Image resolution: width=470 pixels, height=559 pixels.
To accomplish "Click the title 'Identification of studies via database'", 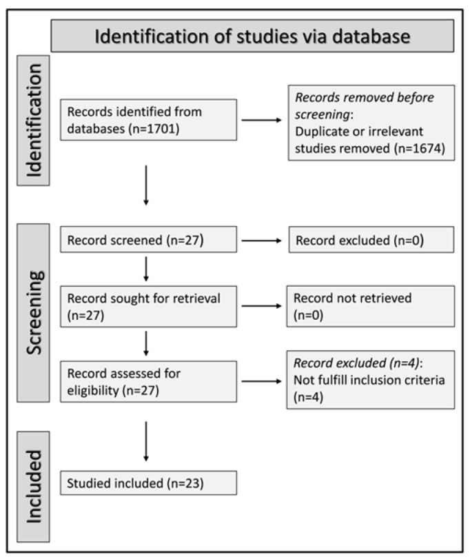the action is coord(252,37).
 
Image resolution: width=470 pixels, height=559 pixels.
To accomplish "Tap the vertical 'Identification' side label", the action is coord(34,121).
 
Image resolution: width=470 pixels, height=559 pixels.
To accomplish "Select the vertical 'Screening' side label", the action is coord(34,313).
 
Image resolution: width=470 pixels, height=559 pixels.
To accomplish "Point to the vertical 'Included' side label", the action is coord(34,487).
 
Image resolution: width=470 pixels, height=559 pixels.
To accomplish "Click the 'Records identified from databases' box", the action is coord(148,120).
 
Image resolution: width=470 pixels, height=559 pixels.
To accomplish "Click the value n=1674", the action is coord(420,148).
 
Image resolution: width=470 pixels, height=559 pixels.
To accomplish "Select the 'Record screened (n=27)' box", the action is coord(148,239).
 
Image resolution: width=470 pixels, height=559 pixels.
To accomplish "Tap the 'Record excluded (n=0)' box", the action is coord(371,240).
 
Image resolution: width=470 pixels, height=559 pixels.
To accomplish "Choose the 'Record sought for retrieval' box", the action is coord(148,307).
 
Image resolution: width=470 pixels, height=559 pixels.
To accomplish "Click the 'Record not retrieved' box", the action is coord(371,306).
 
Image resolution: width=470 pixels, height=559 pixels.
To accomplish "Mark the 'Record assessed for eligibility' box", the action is coord(148,382).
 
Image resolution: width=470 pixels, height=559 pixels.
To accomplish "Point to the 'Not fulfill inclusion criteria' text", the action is coord(369,380).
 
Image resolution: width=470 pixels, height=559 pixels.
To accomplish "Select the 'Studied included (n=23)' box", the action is coord(148,483).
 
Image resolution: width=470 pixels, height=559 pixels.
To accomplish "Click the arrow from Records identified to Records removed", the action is coord(262,120).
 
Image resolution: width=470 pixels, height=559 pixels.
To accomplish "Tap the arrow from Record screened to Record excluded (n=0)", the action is coord(262,241).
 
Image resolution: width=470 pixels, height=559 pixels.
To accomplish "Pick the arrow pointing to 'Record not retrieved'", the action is coord(262,306).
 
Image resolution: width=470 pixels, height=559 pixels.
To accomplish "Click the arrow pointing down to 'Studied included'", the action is coord(145,441).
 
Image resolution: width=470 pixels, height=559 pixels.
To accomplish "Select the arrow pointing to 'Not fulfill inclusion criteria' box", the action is coord(262,381).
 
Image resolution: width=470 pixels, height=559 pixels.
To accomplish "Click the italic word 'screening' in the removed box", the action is coord(322,115).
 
